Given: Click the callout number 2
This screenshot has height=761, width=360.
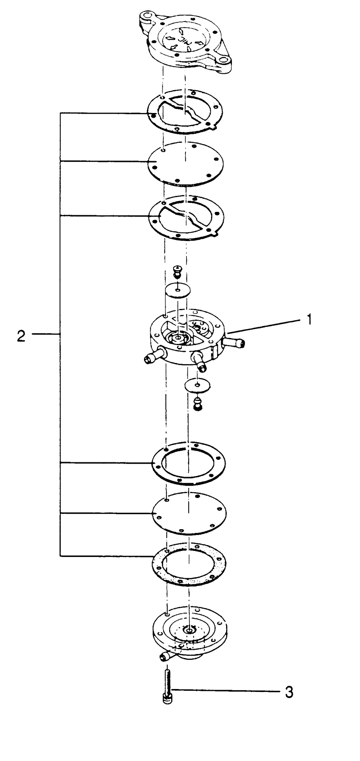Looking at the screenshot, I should [x=22, y=336].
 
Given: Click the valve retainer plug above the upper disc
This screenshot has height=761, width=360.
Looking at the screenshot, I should [x=177, y=271].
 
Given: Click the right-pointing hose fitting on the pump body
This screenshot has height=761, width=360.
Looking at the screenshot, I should [x=236, y=343].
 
